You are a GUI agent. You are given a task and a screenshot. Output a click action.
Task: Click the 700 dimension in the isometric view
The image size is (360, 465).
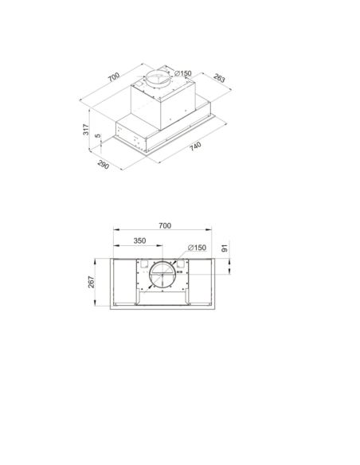click(114, 76)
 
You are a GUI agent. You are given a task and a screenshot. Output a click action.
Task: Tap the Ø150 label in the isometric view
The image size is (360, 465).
click(183, 73)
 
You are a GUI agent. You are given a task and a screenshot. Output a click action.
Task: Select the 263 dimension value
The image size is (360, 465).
click(219, 78)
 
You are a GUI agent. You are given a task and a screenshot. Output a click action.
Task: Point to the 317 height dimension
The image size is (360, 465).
click(86, 130)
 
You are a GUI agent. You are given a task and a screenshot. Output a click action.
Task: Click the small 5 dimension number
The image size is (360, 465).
click(98, 136)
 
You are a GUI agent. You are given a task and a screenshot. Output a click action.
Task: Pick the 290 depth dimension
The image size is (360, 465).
click(104, 165)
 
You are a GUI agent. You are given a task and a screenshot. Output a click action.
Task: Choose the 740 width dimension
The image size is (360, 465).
click(195, 147)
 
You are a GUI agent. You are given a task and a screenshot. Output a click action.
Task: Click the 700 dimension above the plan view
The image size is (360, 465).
click(165, 225)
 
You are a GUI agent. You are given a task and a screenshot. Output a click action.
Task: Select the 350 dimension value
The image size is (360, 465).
click(139, 240)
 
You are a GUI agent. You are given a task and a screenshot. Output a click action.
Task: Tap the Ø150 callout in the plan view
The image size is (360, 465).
click(198, 248)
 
